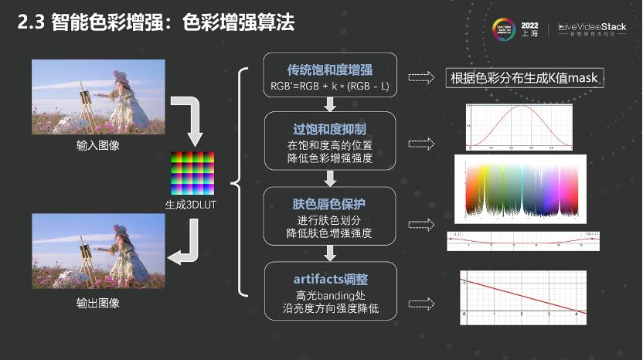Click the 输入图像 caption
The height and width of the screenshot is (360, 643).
(98, 145)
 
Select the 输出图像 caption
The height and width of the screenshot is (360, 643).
(98, 303)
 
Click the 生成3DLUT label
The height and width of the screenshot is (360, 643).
(192, 205)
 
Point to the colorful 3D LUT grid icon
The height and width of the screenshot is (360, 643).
(192, 174)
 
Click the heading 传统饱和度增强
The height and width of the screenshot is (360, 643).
(330, 68)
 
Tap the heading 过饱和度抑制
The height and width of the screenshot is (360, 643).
(330, 127)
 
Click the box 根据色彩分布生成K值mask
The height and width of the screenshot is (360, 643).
(525, 77)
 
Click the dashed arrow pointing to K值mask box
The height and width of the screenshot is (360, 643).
(421, 77)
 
